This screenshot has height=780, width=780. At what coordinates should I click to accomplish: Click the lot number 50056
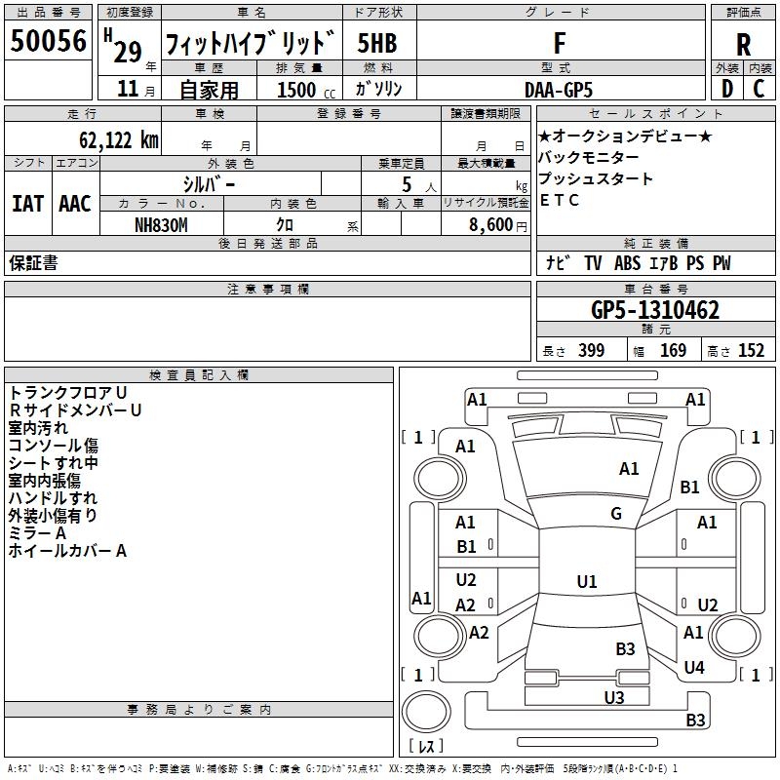click(49, 42)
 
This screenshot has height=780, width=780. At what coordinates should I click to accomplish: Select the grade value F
click(559, 43)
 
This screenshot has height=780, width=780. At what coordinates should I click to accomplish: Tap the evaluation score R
click(743, 45)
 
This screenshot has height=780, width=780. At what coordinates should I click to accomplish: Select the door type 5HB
click(377, 44)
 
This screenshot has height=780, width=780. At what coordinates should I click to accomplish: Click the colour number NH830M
click(161, 223)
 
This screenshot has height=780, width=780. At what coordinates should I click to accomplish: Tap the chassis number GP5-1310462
click(655, 310)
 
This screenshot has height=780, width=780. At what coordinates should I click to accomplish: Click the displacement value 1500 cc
click(296, 90)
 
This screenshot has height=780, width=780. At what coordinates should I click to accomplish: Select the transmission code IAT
click(27, 203)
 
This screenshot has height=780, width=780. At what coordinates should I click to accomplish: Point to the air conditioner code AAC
click(75, 203)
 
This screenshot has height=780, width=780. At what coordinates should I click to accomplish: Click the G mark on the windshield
click(616, 514)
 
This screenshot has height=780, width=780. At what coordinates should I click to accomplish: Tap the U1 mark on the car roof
click(586, 582)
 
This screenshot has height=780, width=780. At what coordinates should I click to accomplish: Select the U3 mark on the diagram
click(613, 696)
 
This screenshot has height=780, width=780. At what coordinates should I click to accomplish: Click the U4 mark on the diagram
click(693, 668)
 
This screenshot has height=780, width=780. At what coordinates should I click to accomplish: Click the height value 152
click(751, 351)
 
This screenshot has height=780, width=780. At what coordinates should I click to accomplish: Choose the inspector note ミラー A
click(37, 533)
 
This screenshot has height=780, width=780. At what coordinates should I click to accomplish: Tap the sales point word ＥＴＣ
click(559, 201)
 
